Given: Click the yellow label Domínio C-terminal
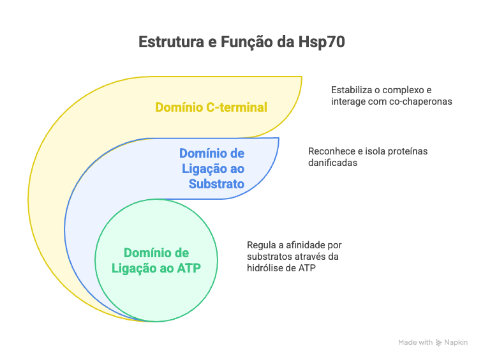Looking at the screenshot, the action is (x=211, y=107).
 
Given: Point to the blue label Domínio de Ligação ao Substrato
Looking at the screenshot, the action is (x=212, y=169).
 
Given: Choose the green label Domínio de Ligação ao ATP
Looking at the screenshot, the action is (x=156, y=261).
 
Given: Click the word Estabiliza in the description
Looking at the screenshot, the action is (x=350, y=90).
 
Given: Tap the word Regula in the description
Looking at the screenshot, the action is (x=259, y=245).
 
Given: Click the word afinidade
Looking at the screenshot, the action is (x=308, y=245).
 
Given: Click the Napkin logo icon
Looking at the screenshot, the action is (x=438, y=343).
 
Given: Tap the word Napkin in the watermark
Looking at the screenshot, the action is (x=456, y=343).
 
